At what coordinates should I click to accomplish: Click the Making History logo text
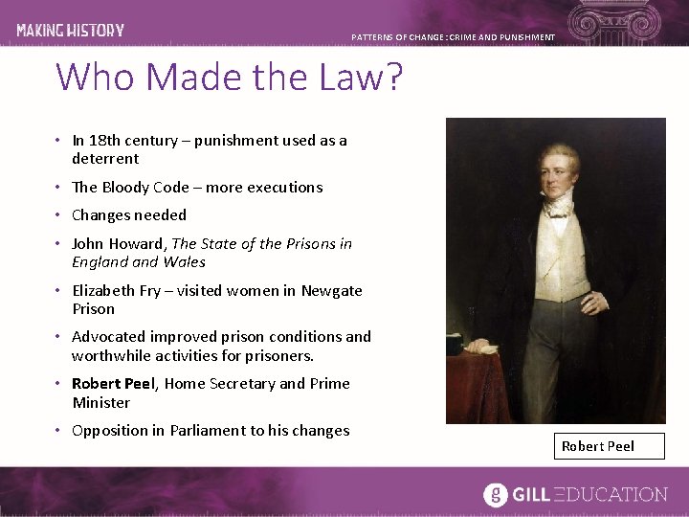tap(70, 30)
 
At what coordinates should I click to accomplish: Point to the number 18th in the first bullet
tap(103, 141)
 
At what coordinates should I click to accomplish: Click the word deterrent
tap(105, 159)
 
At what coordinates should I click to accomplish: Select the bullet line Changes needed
tap(129, 215)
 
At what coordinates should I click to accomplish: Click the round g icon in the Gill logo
tap(495, 494)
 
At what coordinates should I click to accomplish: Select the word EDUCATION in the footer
tap(615, 495)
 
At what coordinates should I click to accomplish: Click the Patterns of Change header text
tap(453, 37)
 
